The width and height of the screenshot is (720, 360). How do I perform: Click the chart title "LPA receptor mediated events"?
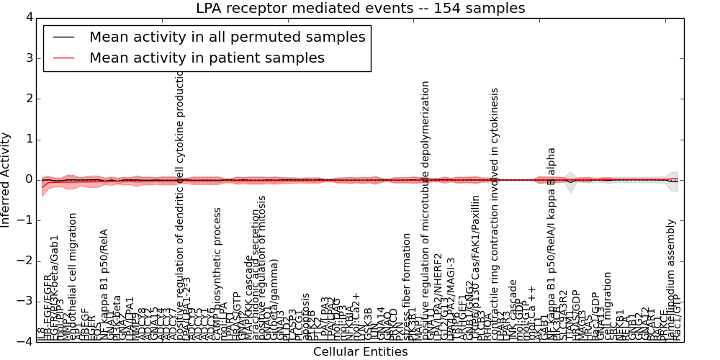click(x=360, y=9)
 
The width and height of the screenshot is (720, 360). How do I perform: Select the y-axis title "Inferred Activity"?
click(x=6, y=179)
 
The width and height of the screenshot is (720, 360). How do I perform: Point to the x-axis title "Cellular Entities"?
click(x=360, y=352)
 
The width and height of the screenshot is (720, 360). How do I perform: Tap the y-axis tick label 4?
click(x=28, y=17)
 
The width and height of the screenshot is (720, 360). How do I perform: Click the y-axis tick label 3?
click(x=28, y=58)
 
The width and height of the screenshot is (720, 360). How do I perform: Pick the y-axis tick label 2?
click(x=28, y=99)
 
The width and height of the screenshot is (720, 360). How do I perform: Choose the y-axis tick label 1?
click(x=28, y=139)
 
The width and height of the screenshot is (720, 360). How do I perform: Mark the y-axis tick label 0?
click(x=28, y=179)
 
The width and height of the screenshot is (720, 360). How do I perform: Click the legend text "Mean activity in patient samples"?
click(x=207, y=58)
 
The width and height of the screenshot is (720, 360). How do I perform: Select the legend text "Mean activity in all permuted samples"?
click(x=227, y=37)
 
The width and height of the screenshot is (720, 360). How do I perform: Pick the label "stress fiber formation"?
click(x=408, y=287)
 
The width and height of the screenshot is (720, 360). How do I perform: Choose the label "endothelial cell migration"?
click(x=73, y=276)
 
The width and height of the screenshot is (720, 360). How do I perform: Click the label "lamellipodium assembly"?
click(x=671, y=279)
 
